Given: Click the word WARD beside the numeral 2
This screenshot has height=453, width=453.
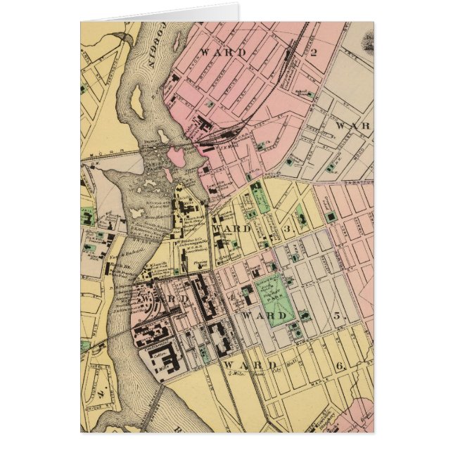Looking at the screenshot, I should click(x=224, y=52).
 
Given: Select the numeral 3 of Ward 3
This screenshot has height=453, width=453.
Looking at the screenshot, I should click(x=287, y=229).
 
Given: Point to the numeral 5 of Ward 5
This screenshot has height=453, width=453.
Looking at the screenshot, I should click(x=337, y=315).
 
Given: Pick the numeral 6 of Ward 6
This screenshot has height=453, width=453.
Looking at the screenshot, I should click(x=340, y=366).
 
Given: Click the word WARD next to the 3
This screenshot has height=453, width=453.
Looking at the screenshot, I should click(x=232, y=229).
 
